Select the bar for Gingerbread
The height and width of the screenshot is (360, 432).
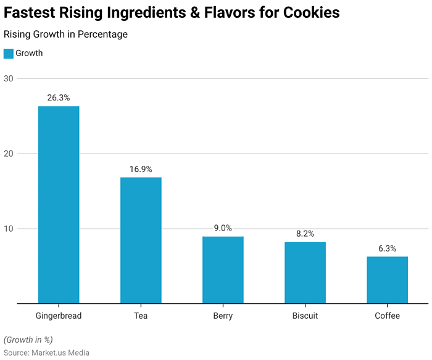(59, 205)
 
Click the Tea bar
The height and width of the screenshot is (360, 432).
(141, 240)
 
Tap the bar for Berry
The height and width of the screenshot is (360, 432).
(223, 270)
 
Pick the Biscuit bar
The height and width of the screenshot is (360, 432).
(305, 272)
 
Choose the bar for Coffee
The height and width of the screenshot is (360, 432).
(387, 280)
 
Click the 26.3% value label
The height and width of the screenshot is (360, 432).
(59, 97)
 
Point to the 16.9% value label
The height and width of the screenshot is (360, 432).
(141, 169)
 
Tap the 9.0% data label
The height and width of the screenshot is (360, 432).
(223, 228)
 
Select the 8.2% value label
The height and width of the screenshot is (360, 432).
(305, 234)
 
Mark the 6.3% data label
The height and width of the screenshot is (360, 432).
(387, 248)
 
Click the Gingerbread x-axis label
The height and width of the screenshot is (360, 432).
(59, 316)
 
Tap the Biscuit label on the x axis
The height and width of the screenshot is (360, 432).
(305, 316)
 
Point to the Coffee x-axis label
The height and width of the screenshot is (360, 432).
(387, 316)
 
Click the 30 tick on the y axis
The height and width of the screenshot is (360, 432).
(9, 78)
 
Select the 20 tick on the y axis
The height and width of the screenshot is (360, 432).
(9, 153)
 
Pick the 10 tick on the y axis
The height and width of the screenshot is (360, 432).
(9, 229)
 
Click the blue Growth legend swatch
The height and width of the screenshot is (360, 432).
(8, 54)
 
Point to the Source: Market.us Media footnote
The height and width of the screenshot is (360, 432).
(46, 353)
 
